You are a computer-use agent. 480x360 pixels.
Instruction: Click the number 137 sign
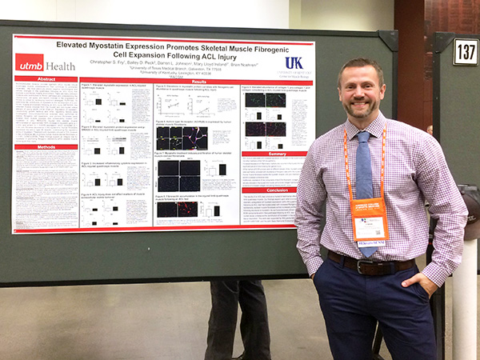point(465,51)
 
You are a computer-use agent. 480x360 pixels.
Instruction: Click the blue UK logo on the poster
point(294,62)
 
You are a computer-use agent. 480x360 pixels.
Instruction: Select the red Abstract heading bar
point(46,79)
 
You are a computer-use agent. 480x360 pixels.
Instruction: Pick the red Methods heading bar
point(46,147)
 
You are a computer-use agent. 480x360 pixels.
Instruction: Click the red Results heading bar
point(198,81)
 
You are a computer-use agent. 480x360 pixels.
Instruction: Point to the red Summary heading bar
point(277,154)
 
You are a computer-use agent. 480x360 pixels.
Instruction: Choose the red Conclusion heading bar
point(277,190)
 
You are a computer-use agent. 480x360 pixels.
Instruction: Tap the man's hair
point(362,64)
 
